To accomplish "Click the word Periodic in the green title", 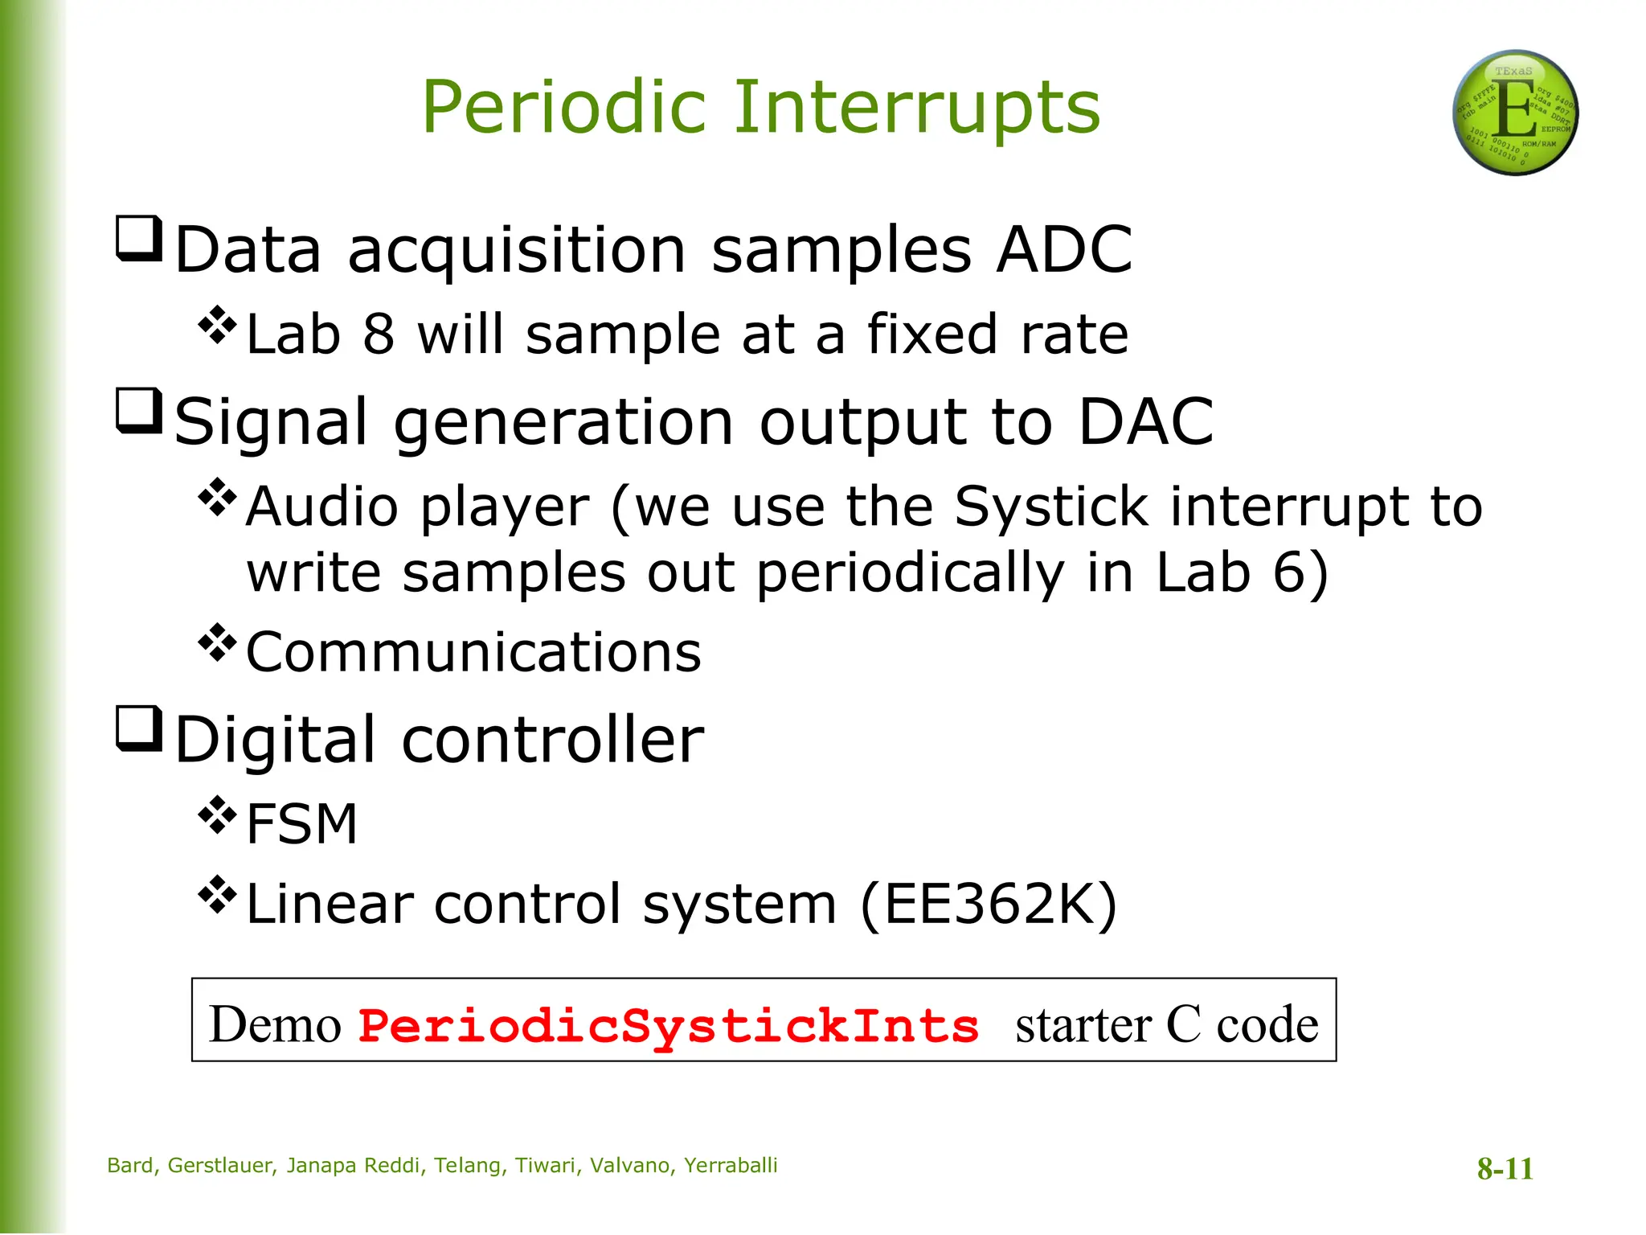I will coord(563,108).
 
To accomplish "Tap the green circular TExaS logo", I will coord(1515,113).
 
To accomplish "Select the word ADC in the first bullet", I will coord(1064,250).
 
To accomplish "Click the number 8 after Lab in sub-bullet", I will coord(379,334).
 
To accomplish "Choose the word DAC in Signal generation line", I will coord(1145,422).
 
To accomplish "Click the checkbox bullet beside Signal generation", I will coord(139,411).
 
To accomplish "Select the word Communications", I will coord(473,652).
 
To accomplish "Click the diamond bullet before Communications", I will coord(217,642).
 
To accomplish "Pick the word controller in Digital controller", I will coord(552,740).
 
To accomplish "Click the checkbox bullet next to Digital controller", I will coord(139,728).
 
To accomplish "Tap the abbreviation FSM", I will coord(301,824).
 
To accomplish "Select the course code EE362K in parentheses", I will coord(989,905).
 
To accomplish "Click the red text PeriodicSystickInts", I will coord(669,1027).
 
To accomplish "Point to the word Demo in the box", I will coord(275,1025).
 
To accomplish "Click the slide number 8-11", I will coord(1505,1168).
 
